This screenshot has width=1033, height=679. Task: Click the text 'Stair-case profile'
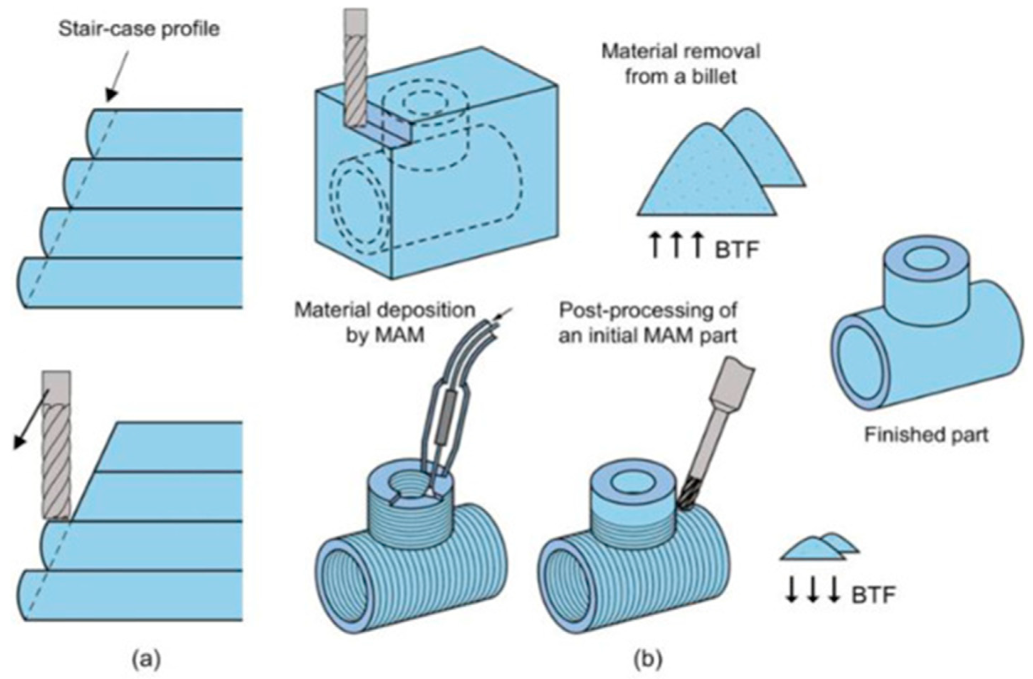[x=139, y=30]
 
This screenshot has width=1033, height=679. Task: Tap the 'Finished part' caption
[x=926, y=434]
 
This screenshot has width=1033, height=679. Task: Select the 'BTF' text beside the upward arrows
[x=737, y=251]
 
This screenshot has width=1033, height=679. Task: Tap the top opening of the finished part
[x=922, y=260]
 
